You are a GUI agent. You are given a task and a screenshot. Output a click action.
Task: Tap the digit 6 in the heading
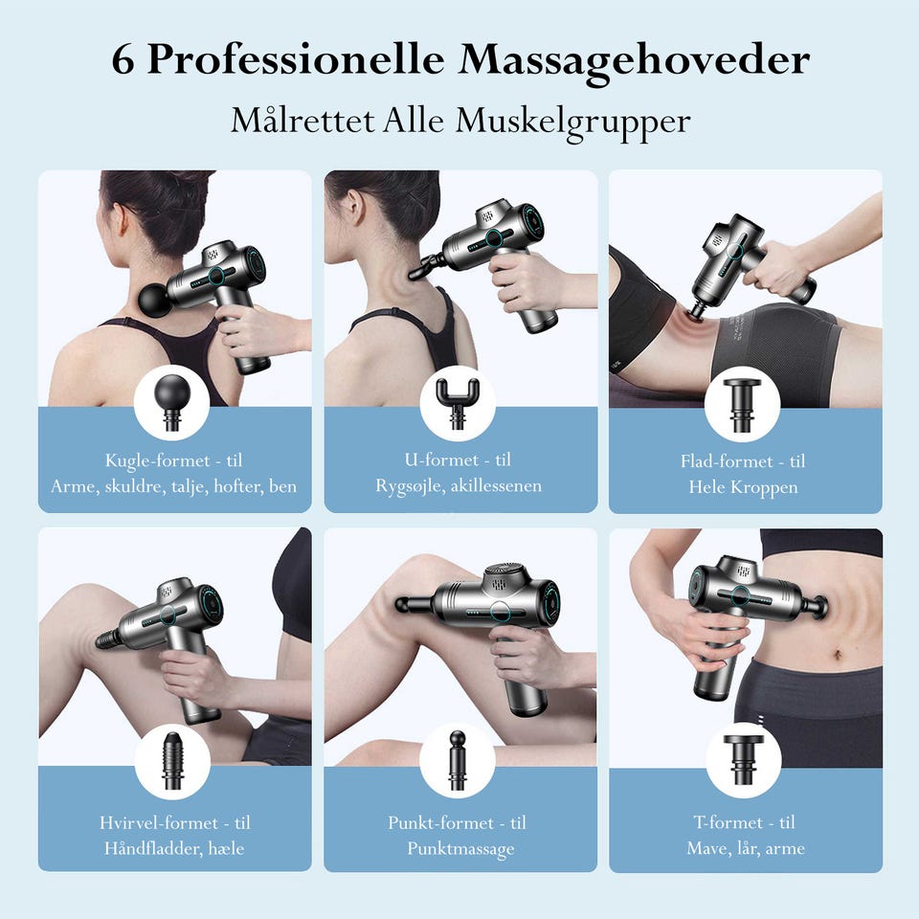pos(122,60)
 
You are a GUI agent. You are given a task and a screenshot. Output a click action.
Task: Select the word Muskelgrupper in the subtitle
pos(572,122)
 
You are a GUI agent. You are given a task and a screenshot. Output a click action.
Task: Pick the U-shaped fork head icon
pos(458,402)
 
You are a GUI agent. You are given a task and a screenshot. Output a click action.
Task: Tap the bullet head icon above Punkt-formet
pos(458,760)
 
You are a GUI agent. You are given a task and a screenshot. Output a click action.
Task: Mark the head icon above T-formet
pos(743,760)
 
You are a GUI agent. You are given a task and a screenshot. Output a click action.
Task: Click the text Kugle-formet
pos(157,460)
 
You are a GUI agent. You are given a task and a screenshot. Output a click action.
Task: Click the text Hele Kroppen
pos(743,487)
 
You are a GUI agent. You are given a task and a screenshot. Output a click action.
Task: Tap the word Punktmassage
pos(460,849)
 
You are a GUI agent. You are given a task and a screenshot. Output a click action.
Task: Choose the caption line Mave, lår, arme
pos(746,848)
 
